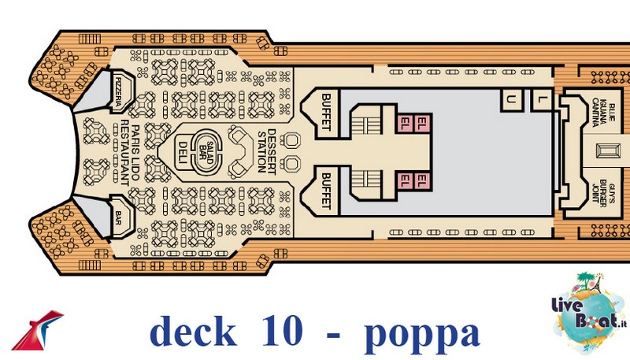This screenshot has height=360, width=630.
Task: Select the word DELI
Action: (183, 153)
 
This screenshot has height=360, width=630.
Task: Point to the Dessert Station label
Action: (267, 151)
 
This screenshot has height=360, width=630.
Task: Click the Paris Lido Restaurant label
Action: (130, 153)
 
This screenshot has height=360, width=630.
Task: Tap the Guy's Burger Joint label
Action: (602, 193)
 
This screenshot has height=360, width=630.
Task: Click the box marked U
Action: (510, 100)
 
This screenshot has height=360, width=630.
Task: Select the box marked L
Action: (541, 100)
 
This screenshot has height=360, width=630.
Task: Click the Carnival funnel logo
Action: (37, 329)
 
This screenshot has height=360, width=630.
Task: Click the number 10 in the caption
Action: (282, 331)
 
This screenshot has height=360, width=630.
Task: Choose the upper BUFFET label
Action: (326, 112)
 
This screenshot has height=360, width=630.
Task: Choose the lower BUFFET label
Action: (326, 191)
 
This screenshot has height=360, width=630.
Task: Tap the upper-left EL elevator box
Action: (406, 123)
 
